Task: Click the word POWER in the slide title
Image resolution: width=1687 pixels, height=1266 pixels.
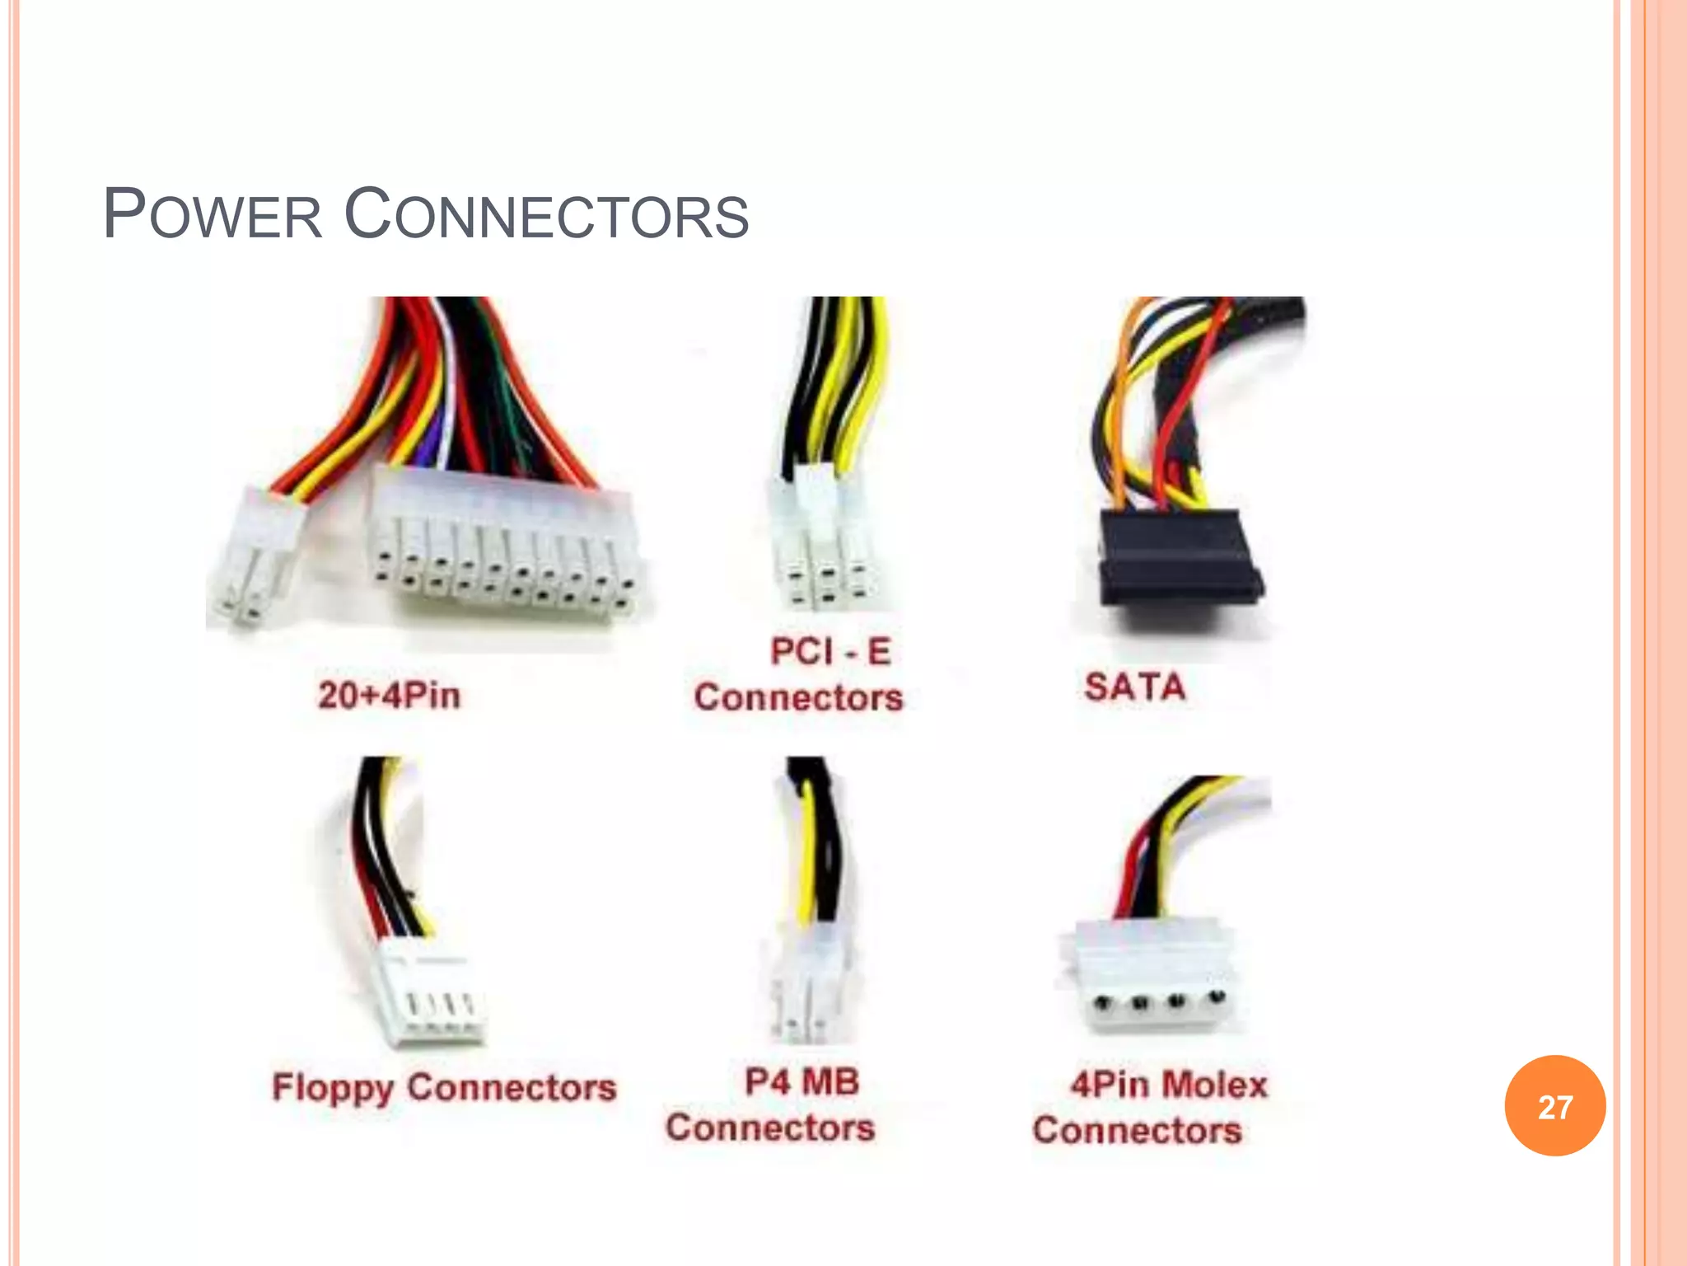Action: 212,214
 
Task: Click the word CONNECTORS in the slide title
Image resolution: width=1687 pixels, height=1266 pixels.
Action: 545,214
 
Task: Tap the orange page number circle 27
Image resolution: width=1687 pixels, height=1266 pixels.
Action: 1554,1105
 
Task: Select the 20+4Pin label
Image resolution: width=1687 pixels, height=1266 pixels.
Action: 389,695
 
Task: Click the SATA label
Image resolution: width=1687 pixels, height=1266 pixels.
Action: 1134,687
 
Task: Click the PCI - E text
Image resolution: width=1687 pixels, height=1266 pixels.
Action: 830,651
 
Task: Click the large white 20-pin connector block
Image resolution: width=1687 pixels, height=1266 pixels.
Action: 504,548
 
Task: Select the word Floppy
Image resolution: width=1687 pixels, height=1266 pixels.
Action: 332,1088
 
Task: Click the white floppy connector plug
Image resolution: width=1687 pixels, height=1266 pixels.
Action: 430,997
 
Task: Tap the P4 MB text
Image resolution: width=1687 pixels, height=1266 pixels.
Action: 801,1081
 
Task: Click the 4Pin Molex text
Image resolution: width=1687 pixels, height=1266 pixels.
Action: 1169,1084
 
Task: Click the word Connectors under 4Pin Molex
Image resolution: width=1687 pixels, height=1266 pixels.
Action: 1137,1129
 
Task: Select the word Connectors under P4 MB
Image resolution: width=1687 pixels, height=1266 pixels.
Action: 770,1127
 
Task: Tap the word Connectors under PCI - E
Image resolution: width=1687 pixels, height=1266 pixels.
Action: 798,697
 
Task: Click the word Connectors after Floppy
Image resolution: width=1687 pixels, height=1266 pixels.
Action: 512,1087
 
